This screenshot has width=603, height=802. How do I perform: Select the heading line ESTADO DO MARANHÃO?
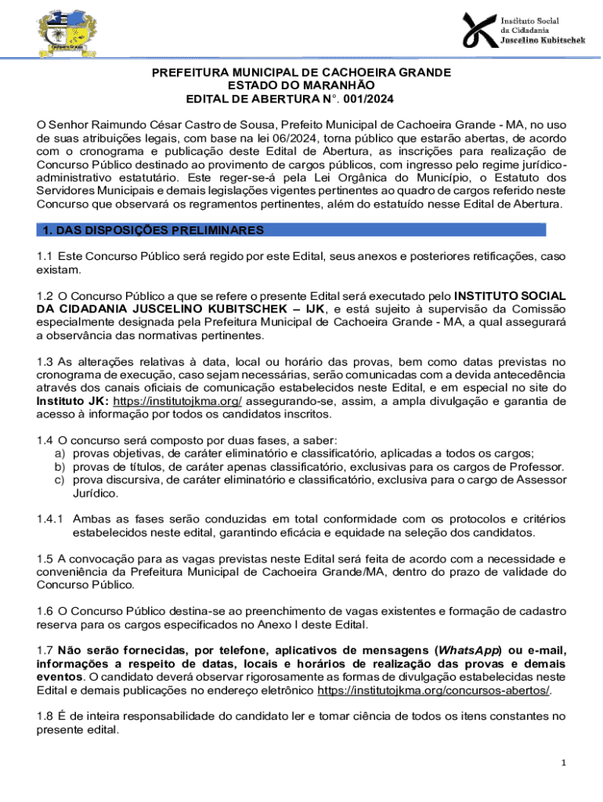pos(301,85)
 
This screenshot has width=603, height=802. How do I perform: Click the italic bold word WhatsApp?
pos(465,651)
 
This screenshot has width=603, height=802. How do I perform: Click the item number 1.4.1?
pos(51,518)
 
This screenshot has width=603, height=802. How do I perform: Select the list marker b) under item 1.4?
pos(59,468)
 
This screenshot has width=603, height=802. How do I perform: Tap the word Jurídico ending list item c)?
pos(96,493)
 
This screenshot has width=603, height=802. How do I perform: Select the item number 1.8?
pos(45,716)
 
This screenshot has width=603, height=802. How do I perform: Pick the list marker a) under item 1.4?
pos(59,454)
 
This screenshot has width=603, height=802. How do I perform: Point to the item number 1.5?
pos(45,558)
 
